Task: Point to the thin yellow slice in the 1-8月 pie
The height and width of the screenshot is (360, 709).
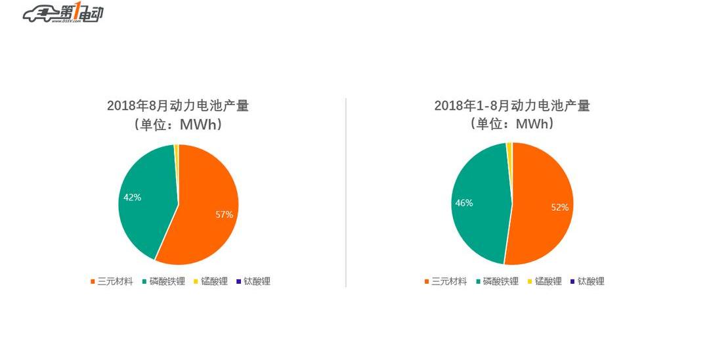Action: [509, 150]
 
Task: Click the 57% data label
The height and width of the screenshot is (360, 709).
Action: [224, 214]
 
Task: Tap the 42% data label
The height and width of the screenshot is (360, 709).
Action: [132, 197]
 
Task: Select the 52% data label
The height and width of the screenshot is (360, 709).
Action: [559, 208]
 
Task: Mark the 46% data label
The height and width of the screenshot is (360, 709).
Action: [464, 203]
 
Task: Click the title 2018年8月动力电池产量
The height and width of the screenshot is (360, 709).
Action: [178, 106]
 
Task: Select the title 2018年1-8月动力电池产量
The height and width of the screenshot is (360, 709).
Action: [512, 106]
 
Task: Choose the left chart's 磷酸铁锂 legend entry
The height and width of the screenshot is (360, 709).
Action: [163, 281]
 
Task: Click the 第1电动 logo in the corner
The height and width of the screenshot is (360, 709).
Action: [63, 14]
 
